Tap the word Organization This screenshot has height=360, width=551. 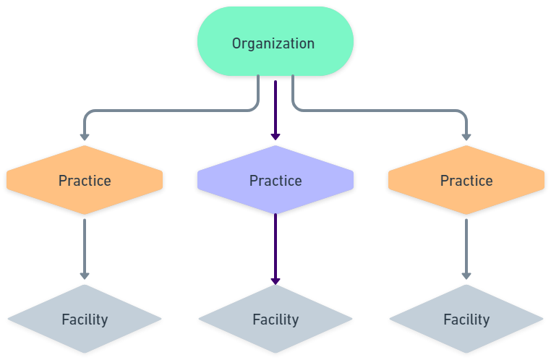tap(273, 43)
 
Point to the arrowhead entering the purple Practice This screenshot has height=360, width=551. tap(275, 135)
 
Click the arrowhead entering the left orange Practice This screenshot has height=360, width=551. tap(85, 135)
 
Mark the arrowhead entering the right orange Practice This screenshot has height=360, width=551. tap(466, 135)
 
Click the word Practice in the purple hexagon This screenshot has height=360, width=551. tap(275, 181)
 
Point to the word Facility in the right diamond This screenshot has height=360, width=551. tap(466, 320)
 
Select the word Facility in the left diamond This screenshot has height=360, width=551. tap(85, 320)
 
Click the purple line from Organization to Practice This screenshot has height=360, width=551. tap(275, 105)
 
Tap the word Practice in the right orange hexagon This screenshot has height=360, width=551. tap(466, 181)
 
